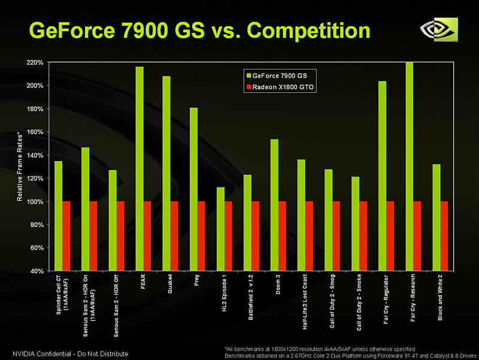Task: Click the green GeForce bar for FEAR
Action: [x=140, y=168]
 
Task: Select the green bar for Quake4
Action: [x=166, y=173]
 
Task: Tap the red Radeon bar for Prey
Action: [x=201, y=236]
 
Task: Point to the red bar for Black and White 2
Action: [x=444, y=236]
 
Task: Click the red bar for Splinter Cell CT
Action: [x=66, y=236]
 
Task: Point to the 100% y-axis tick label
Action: [x=34, y=202]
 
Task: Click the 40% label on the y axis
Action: [x=35, y=271]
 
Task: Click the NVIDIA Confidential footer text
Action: [x=70, y=353]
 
